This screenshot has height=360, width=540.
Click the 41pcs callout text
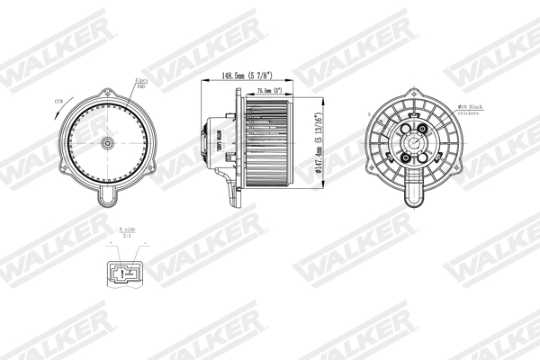(140, 83)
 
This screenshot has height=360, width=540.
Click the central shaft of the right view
(415, 143)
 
